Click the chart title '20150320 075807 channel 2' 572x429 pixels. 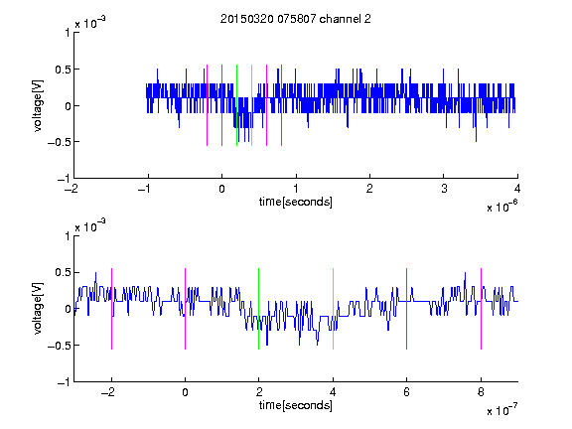(x=296, y=19)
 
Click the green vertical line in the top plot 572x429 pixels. (x=236, y=105)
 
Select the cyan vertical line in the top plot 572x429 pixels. (x=251, y=105)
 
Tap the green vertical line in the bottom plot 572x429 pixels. (x=258, y=309)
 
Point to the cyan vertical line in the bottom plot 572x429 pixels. (x=333, y=309)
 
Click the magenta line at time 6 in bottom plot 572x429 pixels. (x=407, y=309)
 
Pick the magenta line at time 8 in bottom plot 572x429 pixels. (x=482, y=309)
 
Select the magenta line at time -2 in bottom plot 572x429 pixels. (x=111, y=309)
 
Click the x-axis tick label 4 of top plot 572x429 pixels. (x=517, y=189)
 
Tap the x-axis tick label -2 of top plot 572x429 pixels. (x=71, y=189)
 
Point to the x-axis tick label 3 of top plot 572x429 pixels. (x=444, y=189)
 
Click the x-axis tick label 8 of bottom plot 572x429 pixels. (x=481, y=392)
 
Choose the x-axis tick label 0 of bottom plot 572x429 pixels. (x=185, y=392)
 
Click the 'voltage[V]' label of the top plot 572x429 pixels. (x=38, y=106)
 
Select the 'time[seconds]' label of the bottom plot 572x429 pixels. (x=296, y=405)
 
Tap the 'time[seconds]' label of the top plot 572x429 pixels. (x=296, y=202)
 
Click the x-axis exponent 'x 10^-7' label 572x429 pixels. (x=501, y=410)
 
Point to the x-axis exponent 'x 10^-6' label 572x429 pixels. (x=501, y=207)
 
